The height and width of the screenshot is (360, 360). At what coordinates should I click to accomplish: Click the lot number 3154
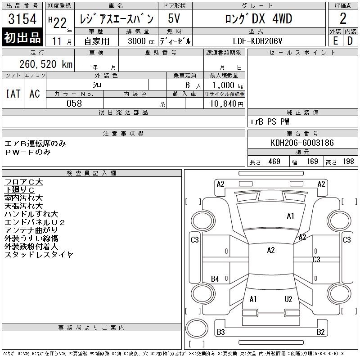[x=22, y=19]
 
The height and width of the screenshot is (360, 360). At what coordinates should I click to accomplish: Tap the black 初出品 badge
[x=22, y=37]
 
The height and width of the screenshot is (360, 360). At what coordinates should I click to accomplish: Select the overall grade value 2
[x=343, y=18]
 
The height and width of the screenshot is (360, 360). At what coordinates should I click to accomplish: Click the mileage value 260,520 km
[x=46, y=64]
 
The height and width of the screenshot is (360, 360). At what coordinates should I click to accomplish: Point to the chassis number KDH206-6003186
[x=302, y=143]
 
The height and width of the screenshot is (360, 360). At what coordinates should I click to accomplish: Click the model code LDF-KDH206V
[x=257, y=41]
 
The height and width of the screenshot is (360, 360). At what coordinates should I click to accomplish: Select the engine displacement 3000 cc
[x=141, y=41]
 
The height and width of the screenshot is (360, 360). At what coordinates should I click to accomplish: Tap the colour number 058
[x=74, y=103]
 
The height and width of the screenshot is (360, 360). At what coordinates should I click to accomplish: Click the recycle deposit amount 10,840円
[x=226, y=104]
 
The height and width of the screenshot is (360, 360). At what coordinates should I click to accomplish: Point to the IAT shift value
[x=13, y=94]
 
